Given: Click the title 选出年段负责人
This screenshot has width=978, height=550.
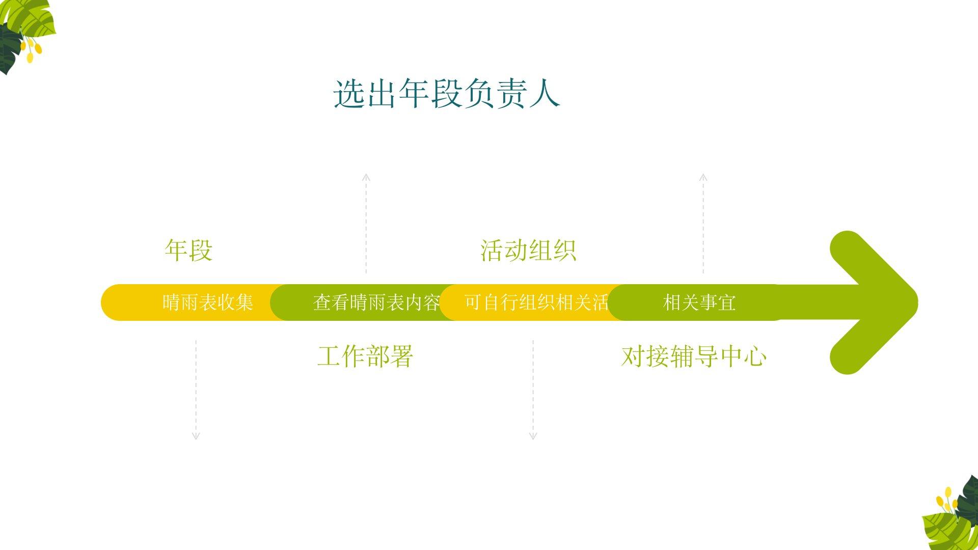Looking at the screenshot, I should click(x=447, y=94).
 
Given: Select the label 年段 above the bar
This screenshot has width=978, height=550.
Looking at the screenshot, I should click(x=188, y=251).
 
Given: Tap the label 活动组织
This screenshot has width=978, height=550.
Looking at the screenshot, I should click(x=528, y=251).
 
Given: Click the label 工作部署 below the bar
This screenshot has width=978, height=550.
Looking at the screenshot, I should click(x=365, y=356).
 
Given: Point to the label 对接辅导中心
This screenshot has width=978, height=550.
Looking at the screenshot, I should click(x=694, y=356).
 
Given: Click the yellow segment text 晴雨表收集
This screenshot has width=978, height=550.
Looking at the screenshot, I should click(x=208, y=302).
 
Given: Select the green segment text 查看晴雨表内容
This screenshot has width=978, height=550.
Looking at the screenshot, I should click(x=376, y=302).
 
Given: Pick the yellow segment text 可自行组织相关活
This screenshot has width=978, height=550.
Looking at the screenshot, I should click(x=536, y=302).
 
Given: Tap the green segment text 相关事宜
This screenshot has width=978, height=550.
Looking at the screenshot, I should click(x=699, y=302).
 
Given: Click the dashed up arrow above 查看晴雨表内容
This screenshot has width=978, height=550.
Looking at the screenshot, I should click(x=366, y=224).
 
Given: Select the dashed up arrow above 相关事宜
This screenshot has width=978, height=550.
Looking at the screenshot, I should click(x=703, y=224).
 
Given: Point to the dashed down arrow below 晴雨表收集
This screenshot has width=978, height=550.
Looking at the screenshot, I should click(x=196, y=390).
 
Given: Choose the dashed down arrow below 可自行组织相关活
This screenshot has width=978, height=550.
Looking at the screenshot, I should click(x=533, y=390).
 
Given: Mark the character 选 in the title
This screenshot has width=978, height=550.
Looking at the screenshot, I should click(x=349, y=94).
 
